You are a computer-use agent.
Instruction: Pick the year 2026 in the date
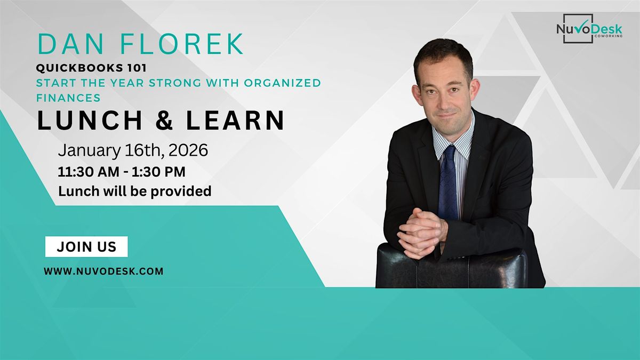(x=188, y=150)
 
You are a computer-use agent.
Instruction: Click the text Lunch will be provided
(x=135, y=191)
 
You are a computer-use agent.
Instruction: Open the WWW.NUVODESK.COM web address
(x=103, y=271)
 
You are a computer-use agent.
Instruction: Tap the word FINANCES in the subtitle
(x=68, y=98)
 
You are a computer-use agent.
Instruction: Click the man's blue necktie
(x=448, y=181)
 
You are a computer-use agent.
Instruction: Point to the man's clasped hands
(x=421, y=232)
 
